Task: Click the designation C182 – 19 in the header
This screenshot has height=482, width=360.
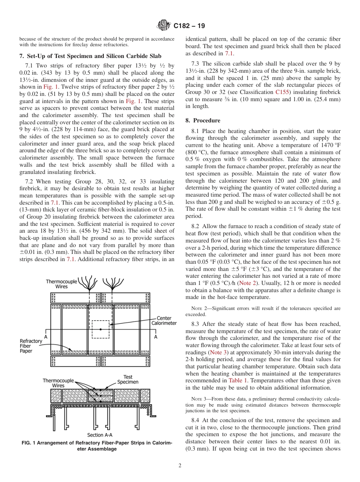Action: [x=189, y=26]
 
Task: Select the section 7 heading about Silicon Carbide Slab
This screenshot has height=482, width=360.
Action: [x=88, y=56]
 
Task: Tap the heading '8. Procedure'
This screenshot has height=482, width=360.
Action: [x=203, y=121]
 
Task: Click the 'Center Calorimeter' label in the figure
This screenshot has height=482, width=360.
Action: [x=164, y=321]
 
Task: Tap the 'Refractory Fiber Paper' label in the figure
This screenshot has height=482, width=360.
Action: [x=31, y=346]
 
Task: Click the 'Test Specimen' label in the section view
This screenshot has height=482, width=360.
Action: [x=128, y=379]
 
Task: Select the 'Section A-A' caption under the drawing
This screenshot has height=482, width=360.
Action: [x=100, y=435]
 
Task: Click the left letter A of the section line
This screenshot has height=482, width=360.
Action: [x=45, y=336]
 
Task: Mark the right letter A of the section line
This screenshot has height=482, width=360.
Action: [x=156, y=336]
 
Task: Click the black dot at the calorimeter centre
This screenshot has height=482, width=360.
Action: [x=100, y=329]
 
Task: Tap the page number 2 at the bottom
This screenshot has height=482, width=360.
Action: [x=180, y=466]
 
